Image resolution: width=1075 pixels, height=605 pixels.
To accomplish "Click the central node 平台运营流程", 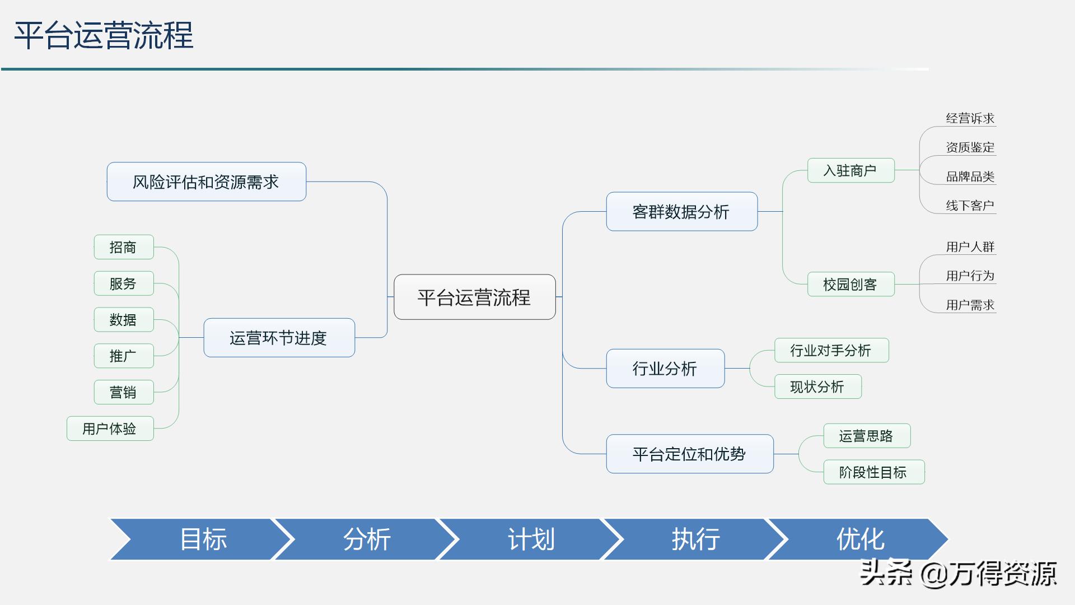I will click(x=474, y=297).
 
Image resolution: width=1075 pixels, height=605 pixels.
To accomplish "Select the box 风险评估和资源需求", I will click(x=206, y=182).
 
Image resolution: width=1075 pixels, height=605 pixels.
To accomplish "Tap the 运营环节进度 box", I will click(x=279, y=338).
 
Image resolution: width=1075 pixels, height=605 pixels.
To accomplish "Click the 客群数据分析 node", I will click(x=681, y=212).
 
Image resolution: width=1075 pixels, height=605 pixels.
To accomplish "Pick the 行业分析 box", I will click(x=665, y=369).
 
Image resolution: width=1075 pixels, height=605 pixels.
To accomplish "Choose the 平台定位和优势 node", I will click(x=689, y=454).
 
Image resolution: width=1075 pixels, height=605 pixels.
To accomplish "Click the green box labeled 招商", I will click(x=123, y=247).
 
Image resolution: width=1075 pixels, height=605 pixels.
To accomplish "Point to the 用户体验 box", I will click(x=110, y=429).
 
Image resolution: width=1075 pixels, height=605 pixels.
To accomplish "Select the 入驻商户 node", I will click(x=850, y=170).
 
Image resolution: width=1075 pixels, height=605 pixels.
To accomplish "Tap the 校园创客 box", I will click(x=850, y=285).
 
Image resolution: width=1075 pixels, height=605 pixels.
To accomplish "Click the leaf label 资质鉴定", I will click(x=970, y=147).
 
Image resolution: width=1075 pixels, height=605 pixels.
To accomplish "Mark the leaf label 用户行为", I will click(x=970, y=276).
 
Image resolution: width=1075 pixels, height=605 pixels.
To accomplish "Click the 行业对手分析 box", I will click(x=831, y=351).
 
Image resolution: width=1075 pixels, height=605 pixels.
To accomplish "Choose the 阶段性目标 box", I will click(x=873, y=472).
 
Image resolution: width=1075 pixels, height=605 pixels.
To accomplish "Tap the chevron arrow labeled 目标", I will click(x=203, y=539).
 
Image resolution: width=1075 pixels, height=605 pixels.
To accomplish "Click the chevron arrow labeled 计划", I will click(x=531, y=539).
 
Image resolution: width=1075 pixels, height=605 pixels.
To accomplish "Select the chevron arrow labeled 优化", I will click(x=860, y=539).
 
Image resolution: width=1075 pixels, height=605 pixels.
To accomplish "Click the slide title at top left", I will click(x=104, y=35).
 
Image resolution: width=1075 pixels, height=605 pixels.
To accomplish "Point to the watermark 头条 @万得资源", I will click(x=957, y=573).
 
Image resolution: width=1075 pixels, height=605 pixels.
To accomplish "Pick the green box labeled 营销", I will click(x=123, y=392).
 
